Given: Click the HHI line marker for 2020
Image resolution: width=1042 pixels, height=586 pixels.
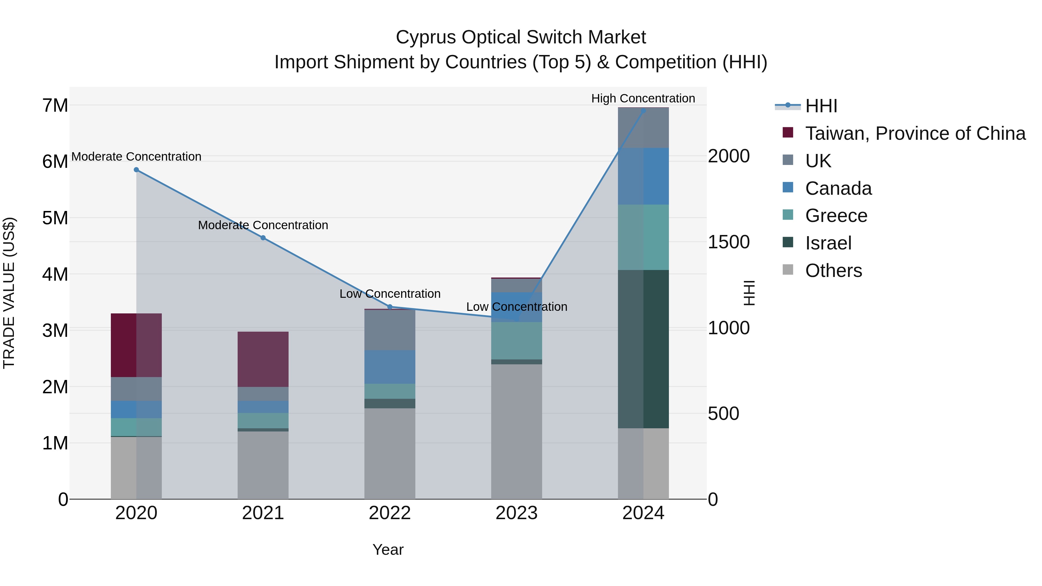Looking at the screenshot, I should [136, 170].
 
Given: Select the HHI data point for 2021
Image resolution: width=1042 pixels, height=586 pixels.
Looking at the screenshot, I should [263, 238].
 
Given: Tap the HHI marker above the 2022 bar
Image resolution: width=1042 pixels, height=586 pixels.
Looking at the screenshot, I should [390, 307].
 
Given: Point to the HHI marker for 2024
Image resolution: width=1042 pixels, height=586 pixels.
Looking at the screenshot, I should [643, 111].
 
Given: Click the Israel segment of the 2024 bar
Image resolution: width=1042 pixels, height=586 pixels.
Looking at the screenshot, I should [643, 349].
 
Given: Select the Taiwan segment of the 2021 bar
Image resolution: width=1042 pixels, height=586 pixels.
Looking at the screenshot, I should [263, 359].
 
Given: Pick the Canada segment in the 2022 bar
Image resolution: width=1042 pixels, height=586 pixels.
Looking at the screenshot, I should [390, 367].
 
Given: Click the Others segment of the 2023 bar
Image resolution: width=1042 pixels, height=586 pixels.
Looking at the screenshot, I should [517, 431].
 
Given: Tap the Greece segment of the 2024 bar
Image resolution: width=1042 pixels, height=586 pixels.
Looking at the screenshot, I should [643, 237].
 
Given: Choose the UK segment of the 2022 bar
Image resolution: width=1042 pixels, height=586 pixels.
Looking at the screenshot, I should [390, 330].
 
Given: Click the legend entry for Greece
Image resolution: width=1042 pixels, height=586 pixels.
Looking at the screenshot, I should [836, 216].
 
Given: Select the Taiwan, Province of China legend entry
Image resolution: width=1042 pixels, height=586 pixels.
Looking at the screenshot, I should [915, 133].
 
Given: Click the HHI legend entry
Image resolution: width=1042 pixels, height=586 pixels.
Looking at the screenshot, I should [821, 106].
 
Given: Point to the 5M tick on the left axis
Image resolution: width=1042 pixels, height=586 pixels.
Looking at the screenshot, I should [55, 218].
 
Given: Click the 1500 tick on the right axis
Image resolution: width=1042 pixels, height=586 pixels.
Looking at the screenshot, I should [729, 242].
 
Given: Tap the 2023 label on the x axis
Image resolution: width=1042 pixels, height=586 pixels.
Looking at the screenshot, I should [517, 513].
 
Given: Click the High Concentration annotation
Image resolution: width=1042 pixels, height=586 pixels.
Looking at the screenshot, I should [643, 98].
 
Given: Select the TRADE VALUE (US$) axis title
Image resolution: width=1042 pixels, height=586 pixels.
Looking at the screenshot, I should [9, 293].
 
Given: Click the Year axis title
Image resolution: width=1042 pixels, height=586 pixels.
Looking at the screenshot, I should [388, 550].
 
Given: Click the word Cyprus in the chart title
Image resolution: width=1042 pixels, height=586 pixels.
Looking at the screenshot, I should [426, 37].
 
